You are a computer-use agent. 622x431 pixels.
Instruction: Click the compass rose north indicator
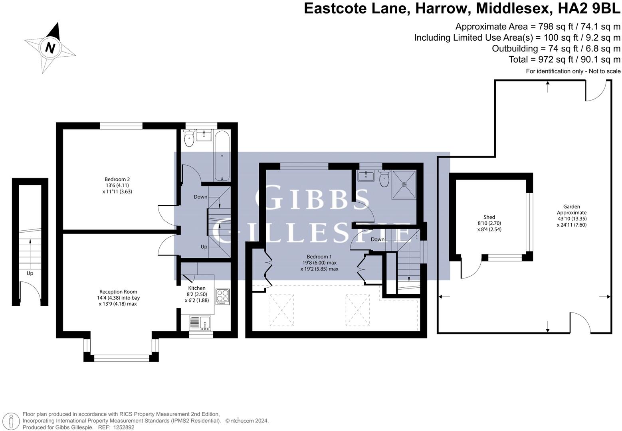[x=50, y=47]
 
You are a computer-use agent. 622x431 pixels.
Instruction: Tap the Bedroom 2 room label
[x=117, y=185]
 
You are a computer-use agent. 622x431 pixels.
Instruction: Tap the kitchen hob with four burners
[x=222, y=296]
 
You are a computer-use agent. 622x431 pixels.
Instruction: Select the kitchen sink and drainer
[x=200, y=323]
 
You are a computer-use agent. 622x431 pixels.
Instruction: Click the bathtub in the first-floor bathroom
[x=222, y=156]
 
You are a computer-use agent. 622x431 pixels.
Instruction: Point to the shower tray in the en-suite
[x=404, y=184]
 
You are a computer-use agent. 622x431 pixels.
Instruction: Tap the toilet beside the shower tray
[x=384, y=179]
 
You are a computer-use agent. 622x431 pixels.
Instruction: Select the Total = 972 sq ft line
[x=565, y=59]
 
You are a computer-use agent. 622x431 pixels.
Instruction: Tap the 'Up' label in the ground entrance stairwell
[x=30, y=273]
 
